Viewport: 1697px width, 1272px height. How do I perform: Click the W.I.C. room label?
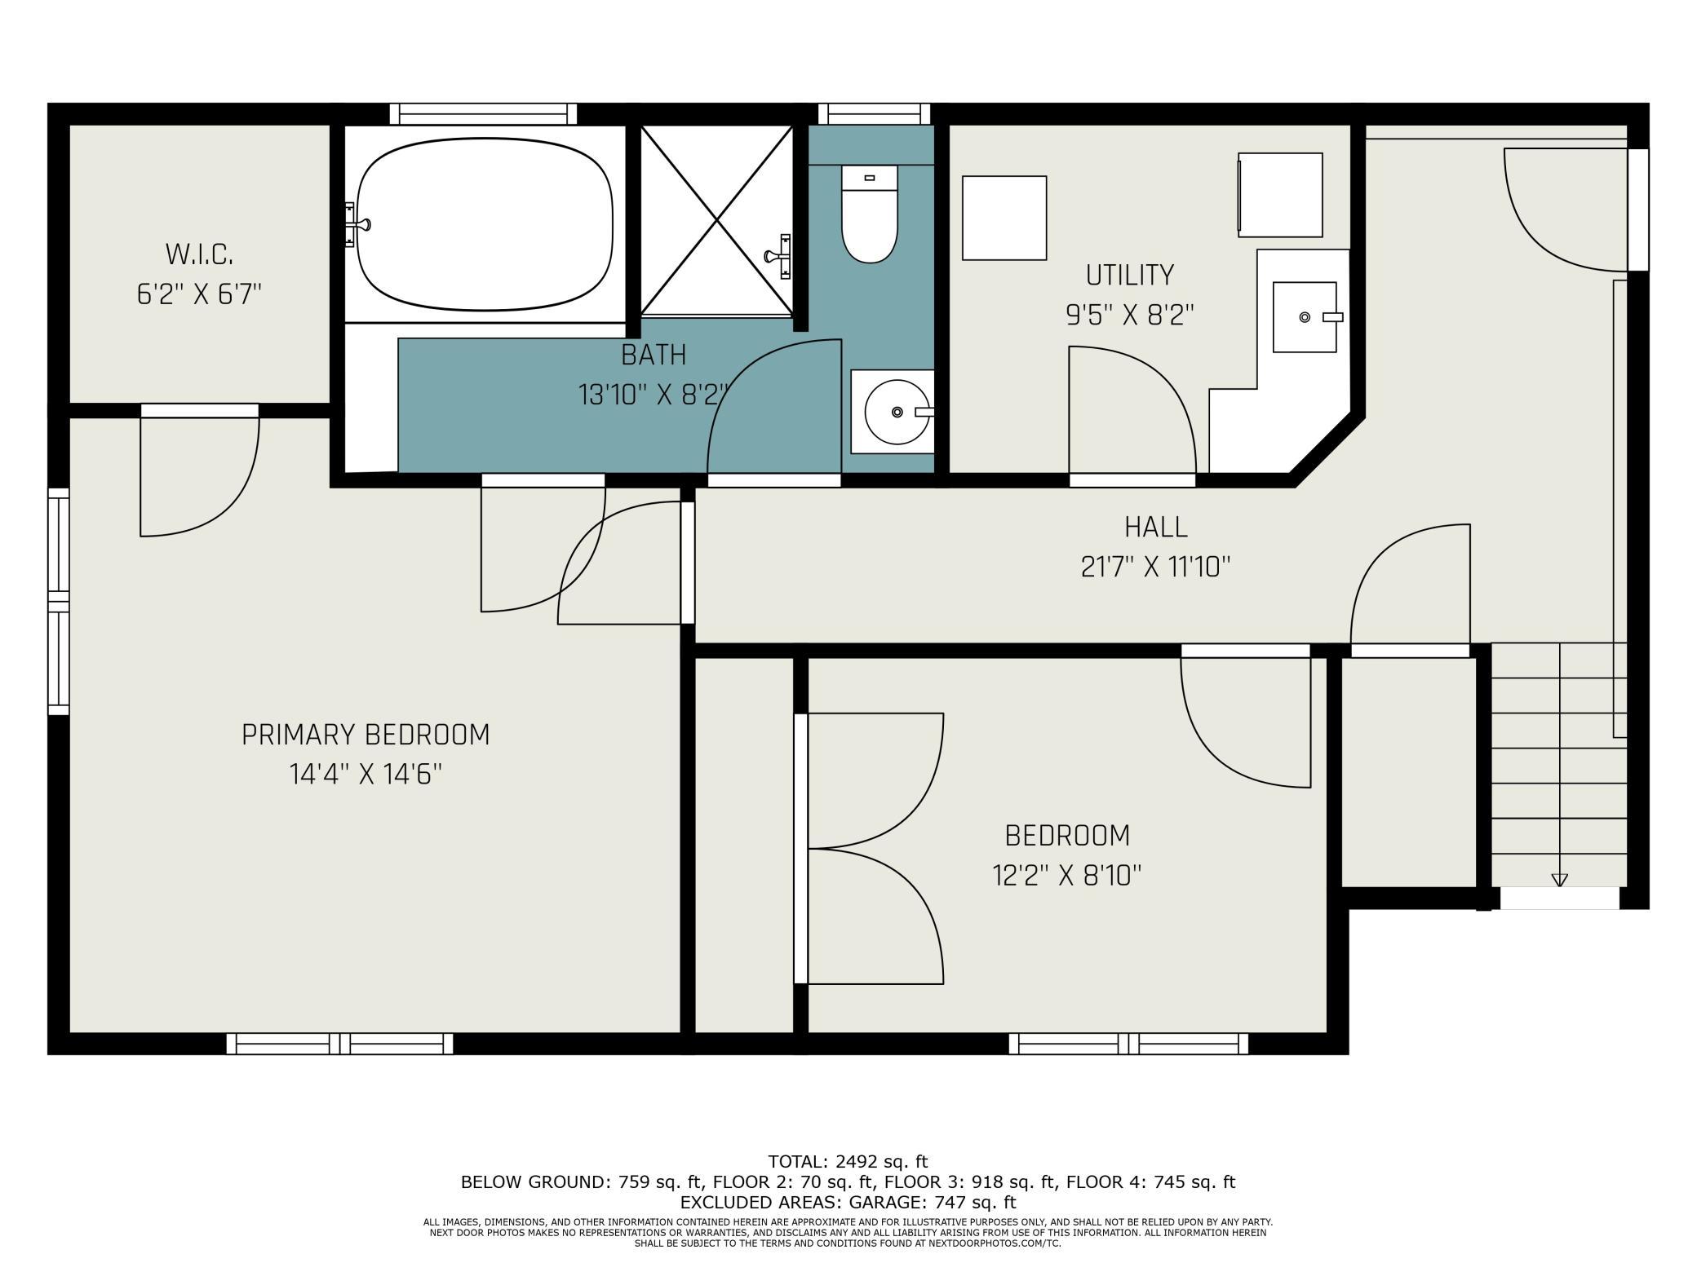point(200,254)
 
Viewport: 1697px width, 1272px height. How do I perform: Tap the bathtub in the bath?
point(485,224)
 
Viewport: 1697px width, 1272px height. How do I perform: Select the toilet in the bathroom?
point(869,216)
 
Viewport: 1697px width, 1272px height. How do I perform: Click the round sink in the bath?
point(896,412)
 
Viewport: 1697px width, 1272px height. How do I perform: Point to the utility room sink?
point(1305,317)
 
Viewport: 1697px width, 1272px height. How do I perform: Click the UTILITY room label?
point(1129,276)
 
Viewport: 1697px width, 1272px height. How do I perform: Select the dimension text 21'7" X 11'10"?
point(1155,567)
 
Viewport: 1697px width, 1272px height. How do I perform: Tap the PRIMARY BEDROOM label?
point(366,735)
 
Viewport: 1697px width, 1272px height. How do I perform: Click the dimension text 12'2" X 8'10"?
point(1066,876)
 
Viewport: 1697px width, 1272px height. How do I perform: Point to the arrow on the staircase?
point(1559,880)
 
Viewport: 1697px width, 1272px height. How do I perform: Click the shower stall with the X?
point(716,220)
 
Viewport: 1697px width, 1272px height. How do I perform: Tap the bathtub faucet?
point(357,224)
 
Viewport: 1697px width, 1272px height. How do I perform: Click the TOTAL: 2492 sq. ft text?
point(848,1161)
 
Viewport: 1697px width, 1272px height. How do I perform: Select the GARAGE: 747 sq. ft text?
point(933,1202)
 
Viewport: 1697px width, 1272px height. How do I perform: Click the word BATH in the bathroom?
point(654,356)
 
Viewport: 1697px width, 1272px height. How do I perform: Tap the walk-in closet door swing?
point(200,473)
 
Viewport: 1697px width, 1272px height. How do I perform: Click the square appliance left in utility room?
point(1004,219)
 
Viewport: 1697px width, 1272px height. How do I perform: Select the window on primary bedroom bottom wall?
point(339,1044)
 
